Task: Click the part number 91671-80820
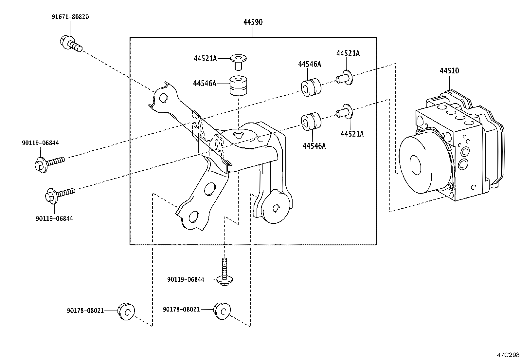(x=70, y=17)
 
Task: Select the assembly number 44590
(x=253, y=22)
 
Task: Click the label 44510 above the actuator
(x=449, y=71)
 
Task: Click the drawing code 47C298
(x=508, y=355)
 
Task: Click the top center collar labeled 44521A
(x=238, y=61)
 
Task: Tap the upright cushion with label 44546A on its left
(x=238, y=86)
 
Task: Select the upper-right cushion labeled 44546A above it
(x=311, y=87)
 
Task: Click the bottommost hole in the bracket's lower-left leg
(x=193, y=216)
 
